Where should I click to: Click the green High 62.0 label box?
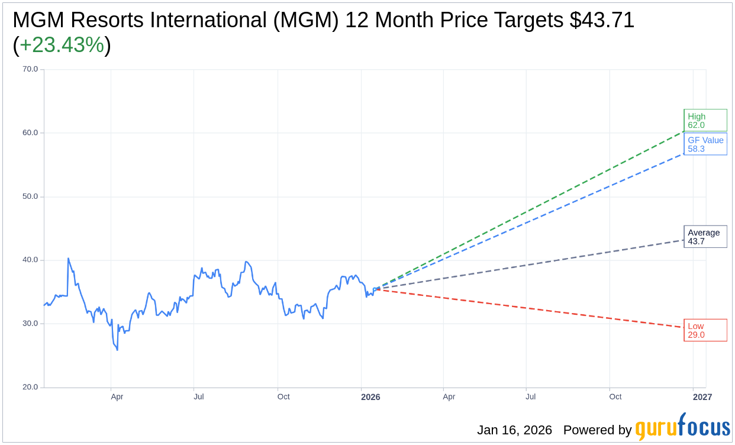pyautogui.click(x=705, y=121)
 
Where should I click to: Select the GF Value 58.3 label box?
pyautogui.click(x=705, y=144)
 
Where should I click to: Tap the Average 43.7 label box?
pyautogui.click(x=705, y=237)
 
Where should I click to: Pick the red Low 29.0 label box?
pyautogui.click(x=705, y=330)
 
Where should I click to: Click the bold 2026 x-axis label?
pyautogui.click(x=370, y=397)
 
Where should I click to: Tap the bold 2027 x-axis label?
pyautogui.click(x=702, y=397)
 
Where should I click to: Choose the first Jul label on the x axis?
pyautogui.click(x=199, y=396)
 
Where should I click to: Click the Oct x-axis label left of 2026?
pyautogui.click(x=283, y=396)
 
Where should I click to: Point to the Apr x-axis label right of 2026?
pyautogui.click(x=449, y=396)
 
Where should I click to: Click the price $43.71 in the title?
pyautogui.click(x=602, y=20)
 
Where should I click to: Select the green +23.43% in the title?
pyautogui.click(x=62, y=45)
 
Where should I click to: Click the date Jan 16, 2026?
pyautogui.click(x=514, y=430)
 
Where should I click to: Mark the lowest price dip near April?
pyautogui.click(x=117, y=350)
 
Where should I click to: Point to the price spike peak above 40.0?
pyautogui.click(x=68, y=259)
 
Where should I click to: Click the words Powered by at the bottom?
pyautogui.click(x=597, y=430)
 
